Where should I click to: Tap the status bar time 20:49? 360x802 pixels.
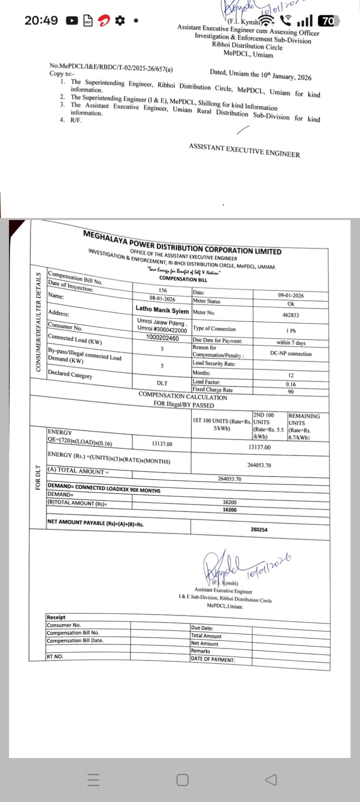pyautogui.click(x=41, y=21)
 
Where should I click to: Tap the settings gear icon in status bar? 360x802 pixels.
pyautogui.click(x=119, y=21)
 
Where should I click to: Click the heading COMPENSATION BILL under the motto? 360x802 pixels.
pyautogui.click(x=183, y=279)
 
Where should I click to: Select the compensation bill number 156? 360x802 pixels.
pyautogui.click(x=162, y=290)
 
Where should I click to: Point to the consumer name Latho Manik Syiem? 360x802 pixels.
pyautogui.click(x=162, y=310)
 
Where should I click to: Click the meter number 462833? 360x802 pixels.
pyautogui.click(x=291, y=315)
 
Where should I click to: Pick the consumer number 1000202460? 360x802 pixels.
pyautogui.click(x=162, y=338)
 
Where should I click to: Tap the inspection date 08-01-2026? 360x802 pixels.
pyautogui.click(x=162, y=299)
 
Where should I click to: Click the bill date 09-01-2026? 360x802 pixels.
pyautogui.click(x=291, y=295)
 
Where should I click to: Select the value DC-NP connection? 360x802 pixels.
pyautogui.click(x=291, y=354)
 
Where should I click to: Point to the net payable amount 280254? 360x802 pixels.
pyautogui.click(x=259, y=530)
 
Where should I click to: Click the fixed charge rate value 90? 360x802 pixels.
pyautogui.click(x=291, y=391)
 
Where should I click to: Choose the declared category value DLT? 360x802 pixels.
pyautogui.click(x=162, y=383)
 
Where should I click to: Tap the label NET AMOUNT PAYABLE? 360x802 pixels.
pyautogui.click(x=95, y=523)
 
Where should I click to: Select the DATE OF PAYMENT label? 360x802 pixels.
pyautogui.click(x=213, y=660)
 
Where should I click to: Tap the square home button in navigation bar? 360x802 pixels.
pyautogui.click(x=183, y=779)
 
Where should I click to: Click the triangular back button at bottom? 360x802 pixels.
pyautogui.click(x=271, y=779)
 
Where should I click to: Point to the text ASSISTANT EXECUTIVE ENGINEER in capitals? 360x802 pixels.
pyautogui.click(x=245, y=150)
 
